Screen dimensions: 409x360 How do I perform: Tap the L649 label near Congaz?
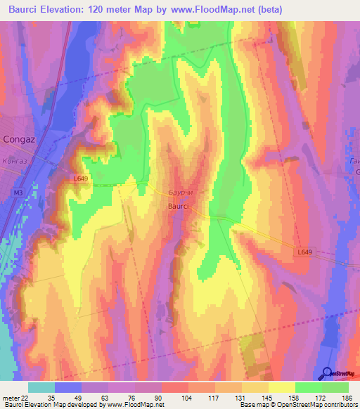coord(80,179)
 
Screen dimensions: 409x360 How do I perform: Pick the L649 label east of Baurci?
coord(304,252)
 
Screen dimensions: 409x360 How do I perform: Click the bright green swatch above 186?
coord(335,387)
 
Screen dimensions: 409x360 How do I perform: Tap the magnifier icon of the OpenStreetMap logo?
coord(326,373)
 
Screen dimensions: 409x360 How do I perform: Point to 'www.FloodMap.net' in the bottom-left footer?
coord(134,405)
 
